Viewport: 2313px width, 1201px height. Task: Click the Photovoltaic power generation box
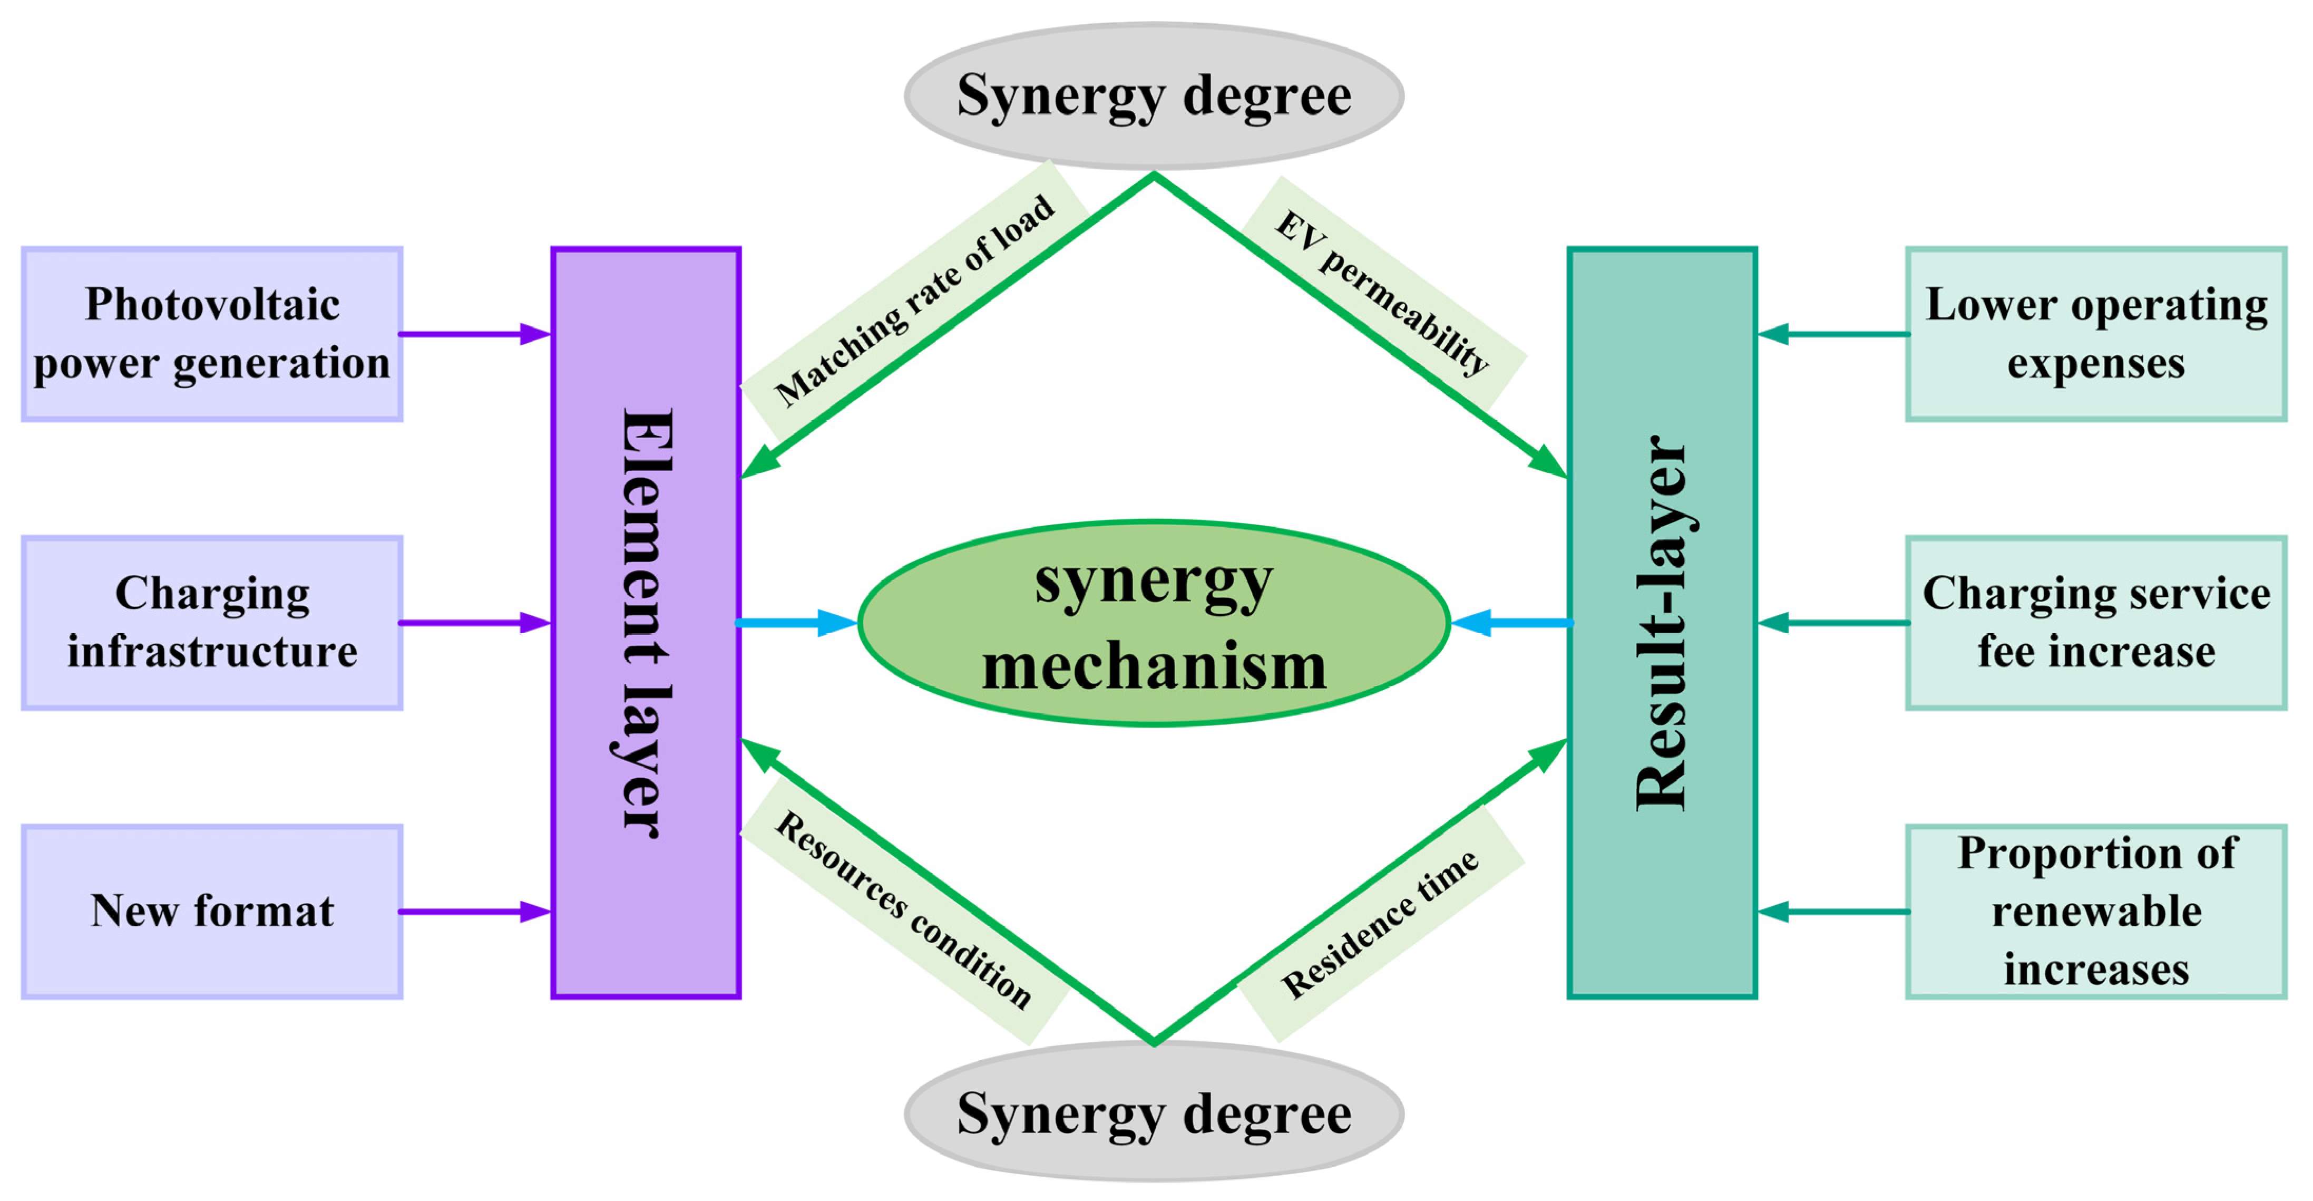coord(212,334)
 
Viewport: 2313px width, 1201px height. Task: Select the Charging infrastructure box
coord(212,623)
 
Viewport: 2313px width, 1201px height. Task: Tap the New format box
coord(212,912)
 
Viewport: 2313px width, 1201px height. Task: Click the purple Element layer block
coord(646,623)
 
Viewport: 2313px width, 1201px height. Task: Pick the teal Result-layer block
coord(1662,623)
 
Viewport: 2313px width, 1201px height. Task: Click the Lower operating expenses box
coord(2096,334)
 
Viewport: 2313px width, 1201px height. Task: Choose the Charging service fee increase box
coord(2096,623)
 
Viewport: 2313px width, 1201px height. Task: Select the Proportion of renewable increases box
coord(2096,912)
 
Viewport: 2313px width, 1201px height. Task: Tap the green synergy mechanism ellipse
coord(1154,623)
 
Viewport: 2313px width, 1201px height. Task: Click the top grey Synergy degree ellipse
coord(1154,96)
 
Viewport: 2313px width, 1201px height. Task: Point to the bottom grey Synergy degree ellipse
coord(1154,1114)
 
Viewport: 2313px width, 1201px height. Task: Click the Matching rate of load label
coord(914,302)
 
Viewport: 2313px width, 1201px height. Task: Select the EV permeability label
coord(1383,293)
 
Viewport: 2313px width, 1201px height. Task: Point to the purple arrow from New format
coord(474,912)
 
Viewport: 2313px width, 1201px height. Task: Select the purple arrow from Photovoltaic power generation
coord(474,334)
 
